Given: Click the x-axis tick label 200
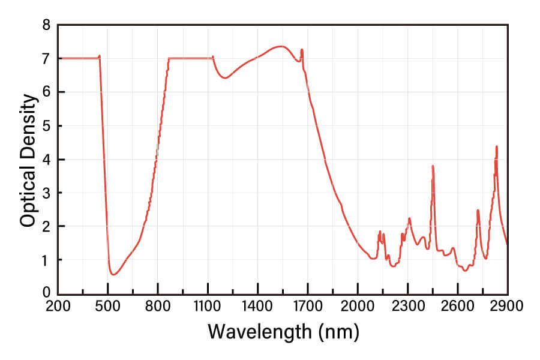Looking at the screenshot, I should (58, 306).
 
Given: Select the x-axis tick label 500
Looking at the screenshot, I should (108, 306).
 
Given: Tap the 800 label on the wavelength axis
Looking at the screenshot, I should (158, 306).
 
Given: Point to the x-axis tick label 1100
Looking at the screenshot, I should (208, 306).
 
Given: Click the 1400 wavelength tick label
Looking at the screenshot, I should (258, 306).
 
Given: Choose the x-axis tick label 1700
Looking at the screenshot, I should (308, 306).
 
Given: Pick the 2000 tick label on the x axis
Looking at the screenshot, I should (358, 306).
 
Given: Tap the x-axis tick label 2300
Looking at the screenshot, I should (408, 306).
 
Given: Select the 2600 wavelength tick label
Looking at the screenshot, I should (458, 306).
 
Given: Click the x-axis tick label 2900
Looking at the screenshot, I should (508, 306).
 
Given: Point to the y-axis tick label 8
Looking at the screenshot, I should (46, 25).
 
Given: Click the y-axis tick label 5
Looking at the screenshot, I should (46, 126).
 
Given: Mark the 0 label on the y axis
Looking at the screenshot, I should (46, 293).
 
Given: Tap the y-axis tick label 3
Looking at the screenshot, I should (46, 193).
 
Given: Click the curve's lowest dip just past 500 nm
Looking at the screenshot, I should (113, 275).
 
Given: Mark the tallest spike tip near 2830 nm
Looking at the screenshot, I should (496, 146).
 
